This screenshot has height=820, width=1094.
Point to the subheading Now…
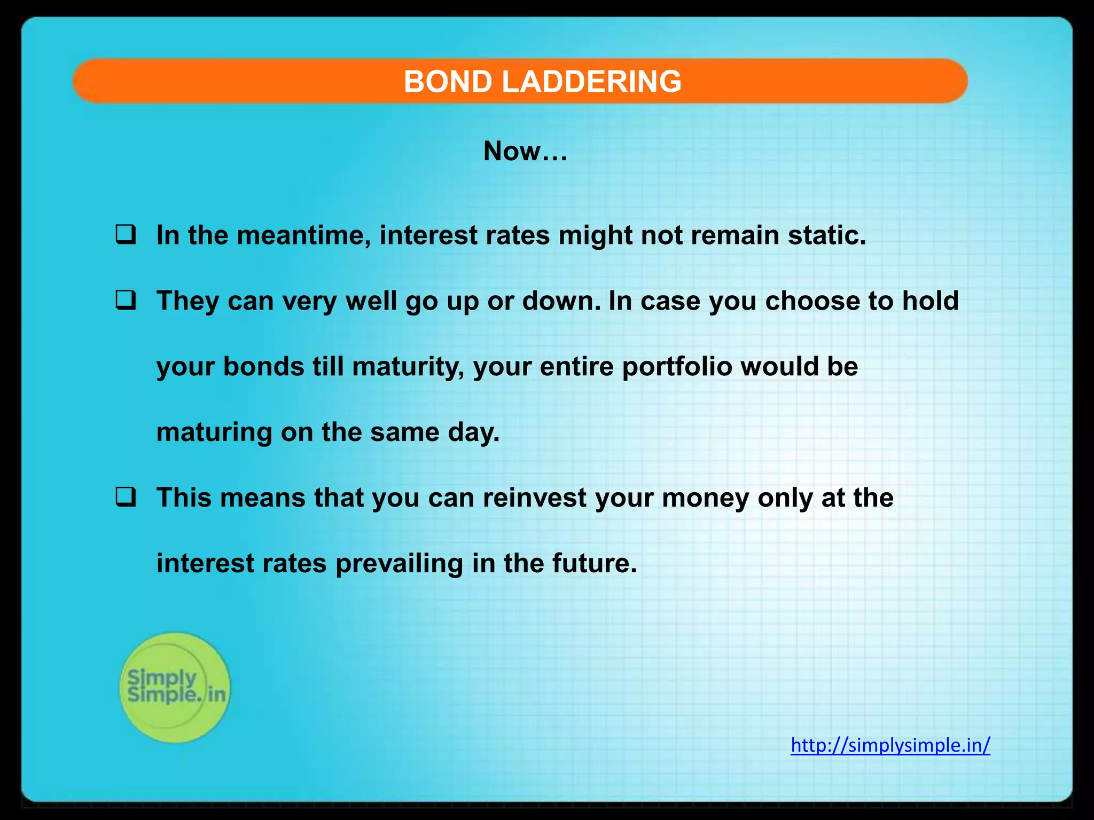[525, 151]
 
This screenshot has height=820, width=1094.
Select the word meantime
[304, 235]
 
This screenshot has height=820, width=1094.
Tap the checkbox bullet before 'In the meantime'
[125, 235]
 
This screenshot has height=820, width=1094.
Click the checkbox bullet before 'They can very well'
[125, 301]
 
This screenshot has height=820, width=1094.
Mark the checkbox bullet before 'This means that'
[125, 498]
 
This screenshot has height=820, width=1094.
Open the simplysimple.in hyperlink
[890, 745]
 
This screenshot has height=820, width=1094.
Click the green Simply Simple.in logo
[175, 687]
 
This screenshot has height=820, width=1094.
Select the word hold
[930, 301]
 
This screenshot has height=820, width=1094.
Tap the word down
[561, 301]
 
